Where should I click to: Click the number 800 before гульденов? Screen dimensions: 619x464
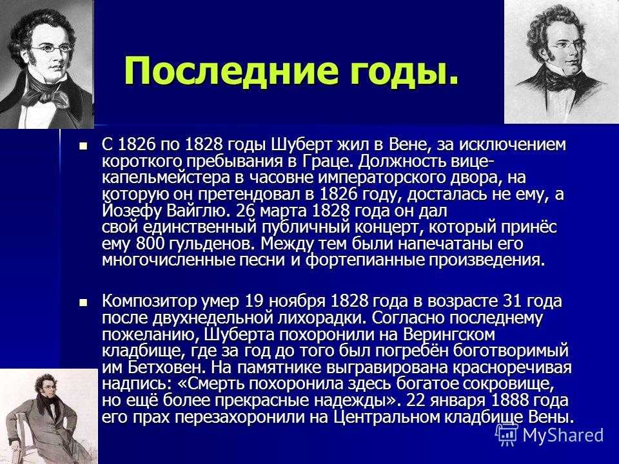pos(150,244)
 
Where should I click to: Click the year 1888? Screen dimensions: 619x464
pos(509,400)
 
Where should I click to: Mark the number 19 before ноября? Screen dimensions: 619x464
pos(255,302)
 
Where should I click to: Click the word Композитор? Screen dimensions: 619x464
pos(149,302)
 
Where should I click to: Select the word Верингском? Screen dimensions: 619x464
pos(449,335)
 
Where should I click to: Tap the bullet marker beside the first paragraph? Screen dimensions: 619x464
pos(83,146)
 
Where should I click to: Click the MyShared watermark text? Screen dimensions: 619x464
pos(564,435)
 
